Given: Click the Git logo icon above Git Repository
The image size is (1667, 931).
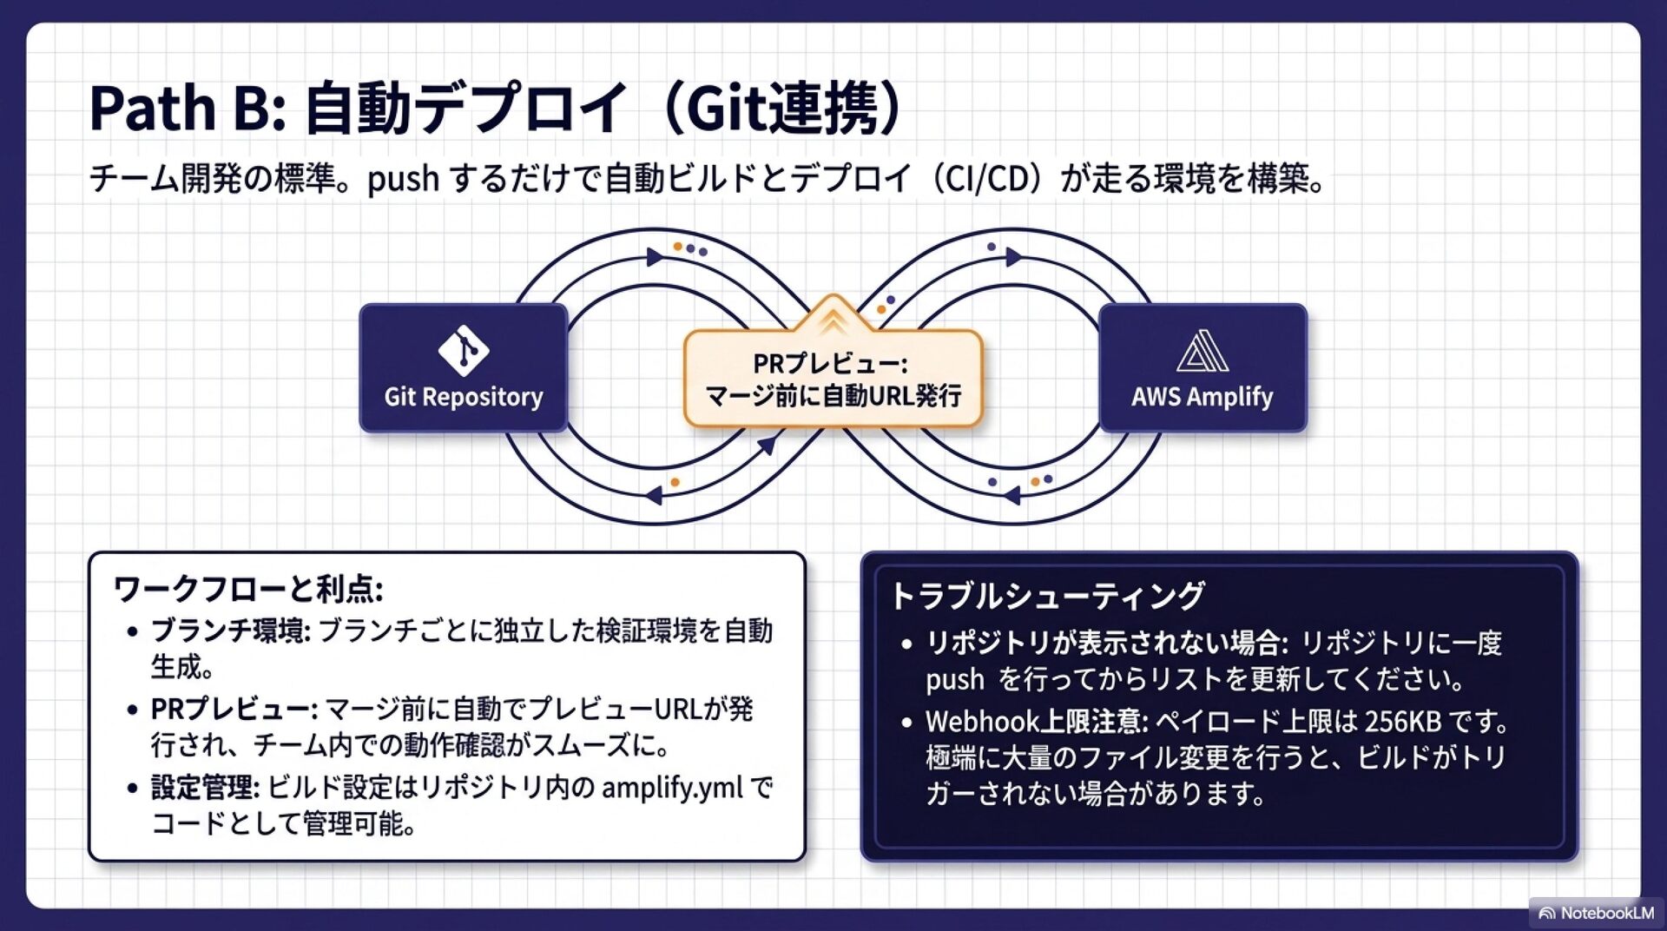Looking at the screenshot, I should pos(463,350).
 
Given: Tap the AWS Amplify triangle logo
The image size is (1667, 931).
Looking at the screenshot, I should pos(1202,351).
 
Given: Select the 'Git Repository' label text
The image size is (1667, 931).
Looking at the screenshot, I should pos(463,397).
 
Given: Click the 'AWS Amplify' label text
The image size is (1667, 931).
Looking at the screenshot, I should pos(1202,397).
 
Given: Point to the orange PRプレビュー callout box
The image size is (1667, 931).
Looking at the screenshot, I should pos(833,380).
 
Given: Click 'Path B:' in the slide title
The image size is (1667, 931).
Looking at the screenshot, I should pos(188,109).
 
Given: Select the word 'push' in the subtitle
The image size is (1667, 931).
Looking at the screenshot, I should pos(403,180).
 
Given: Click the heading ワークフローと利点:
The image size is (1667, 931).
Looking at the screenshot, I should pos(247,590).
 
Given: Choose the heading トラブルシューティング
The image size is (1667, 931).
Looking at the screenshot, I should pos(1047,597).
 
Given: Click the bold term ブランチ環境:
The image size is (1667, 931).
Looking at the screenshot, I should pos(230,631).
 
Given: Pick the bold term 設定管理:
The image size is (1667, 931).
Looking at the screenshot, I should pos(205,788).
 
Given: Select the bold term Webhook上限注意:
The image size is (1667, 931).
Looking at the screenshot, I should pos(1037,722).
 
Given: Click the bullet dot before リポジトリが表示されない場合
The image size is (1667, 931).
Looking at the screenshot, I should pos(906,644).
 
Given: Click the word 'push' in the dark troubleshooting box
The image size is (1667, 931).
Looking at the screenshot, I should pos(954,680).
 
